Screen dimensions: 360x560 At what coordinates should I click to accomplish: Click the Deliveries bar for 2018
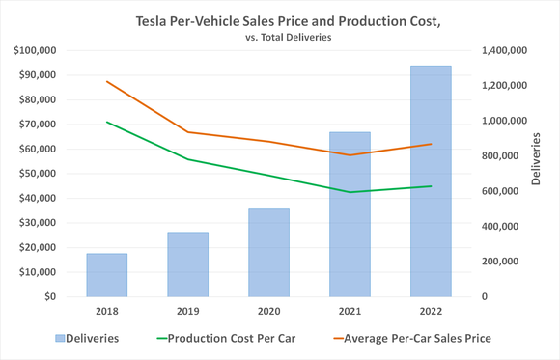tap(106, 275)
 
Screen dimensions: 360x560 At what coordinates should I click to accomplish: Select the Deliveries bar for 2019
tap(187, 264)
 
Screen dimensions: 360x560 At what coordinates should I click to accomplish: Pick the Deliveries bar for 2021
tap(350, 214)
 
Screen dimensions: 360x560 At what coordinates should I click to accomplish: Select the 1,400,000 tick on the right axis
tap(502, 50)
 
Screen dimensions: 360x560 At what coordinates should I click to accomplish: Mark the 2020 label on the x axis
tap(268, 313)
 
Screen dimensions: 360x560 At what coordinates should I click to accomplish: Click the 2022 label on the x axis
tap(431, 313)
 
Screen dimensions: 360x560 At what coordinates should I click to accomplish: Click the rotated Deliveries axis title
tap(536, 160)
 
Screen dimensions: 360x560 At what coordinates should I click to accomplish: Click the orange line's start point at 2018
tap(106, 81)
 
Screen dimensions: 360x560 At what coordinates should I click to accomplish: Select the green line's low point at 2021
tap(350, 192)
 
